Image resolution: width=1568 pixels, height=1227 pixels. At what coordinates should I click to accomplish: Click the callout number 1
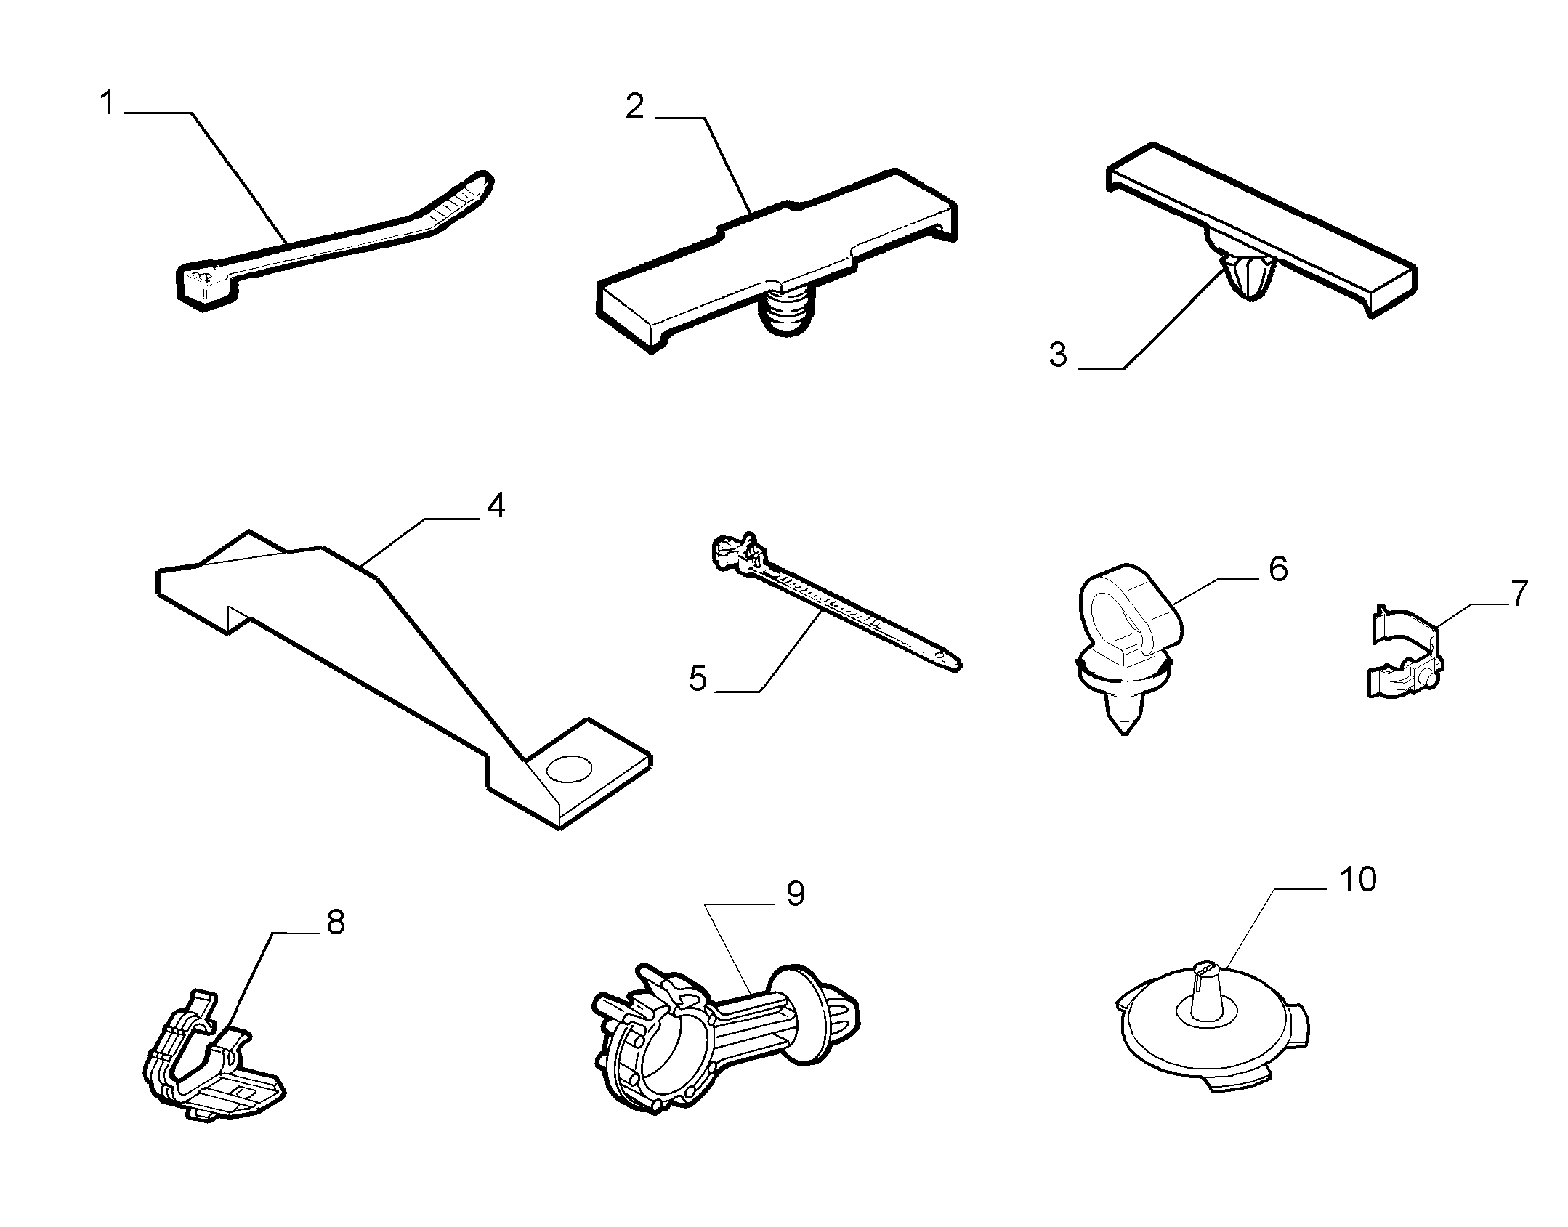[107, 104]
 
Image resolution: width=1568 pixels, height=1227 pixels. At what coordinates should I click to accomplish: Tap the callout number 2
[634, 107]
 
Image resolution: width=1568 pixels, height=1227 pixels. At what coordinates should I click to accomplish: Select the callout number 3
[1058, 355]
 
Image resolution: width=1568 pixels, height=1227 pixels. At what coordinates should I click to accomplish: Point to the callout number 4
[496, 506]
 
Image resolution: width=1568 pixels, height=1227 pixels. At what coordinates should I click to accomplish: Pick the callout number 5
[698, 679]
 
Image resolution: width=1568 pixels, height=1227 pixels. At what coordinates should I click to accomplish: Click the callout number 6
[1278, 568]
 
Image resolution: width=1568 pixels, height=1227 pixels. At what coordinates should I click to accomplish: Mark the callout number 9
[796, 894]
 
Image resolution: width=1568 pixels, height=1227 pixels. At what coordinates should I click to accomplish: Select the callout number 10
[1357, 880]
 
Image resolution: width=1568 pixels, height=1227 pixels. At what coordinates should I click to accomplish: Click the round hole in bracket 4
[570, 769]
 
